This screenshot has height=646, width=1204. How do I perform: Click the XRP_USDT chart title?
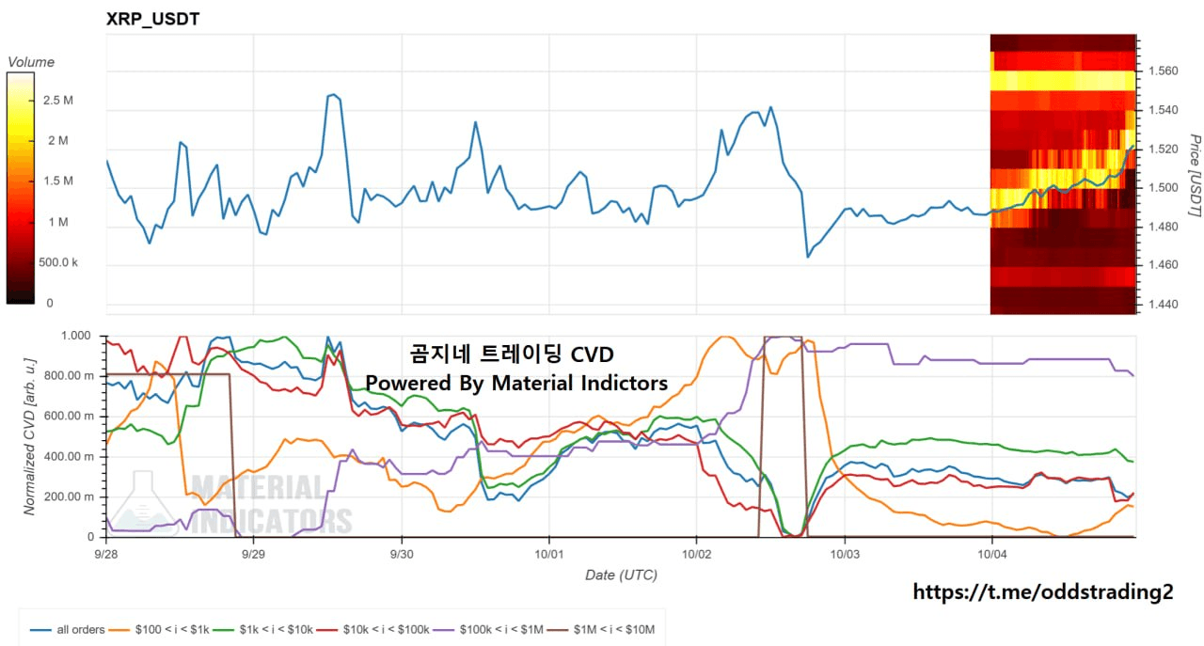tap(152, 20)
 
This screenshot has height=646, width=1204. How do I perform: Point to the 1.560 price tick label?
tap(1164, 71)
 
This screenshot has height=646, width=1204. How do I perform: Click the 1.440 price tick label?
tap(1164, 304)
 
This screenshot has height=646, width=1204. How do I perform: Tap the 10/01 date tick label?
tap(548, 554)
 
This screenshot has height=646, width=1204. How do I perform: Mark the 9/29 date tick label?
tap(253, 554)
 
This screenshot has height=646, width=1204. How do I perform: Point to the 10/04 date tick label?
tap(992, 554)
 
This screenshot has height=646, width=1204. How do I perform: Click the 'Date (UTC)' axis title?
tap(622, 575)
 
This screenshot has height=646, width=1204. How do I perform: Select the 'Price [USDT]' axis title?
tap(1195, 176)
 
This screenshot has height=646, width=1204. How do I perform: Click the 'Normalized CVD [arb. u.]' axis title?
tap(29, 437)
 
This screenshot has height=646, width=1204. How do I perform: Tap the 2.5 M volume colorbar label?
tap(58, 101)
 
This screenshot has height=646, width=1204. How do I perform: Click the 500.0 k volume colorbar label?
tap(58, 262)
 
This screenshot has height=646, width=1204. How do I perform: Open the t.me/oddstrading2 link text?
tap(1043, 591)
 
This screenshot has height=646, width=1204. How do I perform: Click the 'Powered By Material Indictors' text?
tap(516, 384)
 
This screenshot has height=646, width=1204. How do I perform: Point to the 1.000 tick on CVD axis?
tap(76, 336)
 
